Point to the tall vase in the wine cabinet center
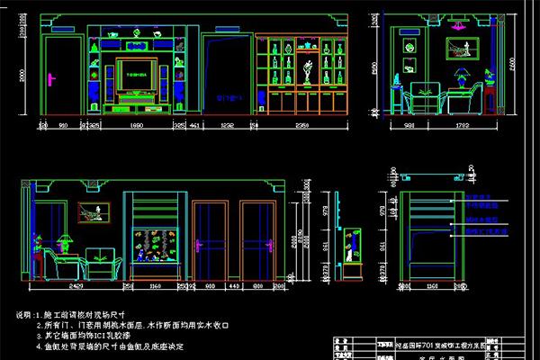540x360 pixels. click(x=308, y=67)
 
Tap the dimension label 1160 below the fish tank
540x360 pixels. click(x=155, y=285)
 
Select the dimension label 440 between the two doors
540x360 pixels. click(x=233, y=285)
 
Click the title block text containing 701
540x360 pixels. click(x=441, y=343)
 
